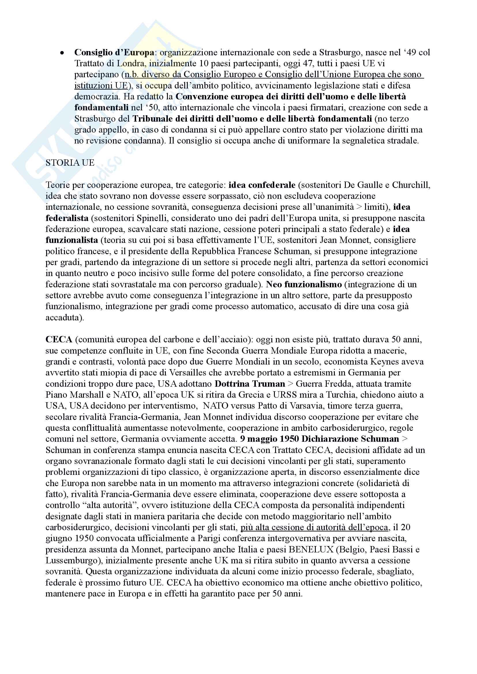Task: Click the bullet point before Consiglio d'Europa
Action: click(x=62, y=53)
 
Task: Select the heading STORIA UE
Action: click(x=70, y=163)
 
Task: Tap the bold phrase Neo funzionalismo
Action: click(x=304, y=284)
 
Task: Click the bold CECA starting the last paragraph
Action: click(x=59, y=340)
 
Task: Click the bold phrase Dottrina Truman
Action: click(x=250, y=384)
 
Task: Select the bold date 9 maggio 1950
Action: click(x=269, y=439)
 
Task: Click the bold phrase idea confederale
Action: click(x=262, y=185)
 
